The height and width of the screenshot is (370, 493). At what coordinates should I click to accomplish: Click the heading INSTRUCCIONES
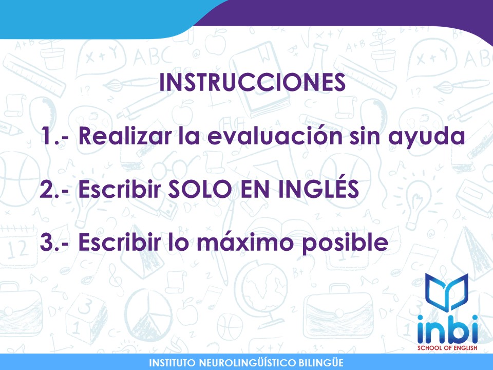pyautogui.click(x=252, y=83)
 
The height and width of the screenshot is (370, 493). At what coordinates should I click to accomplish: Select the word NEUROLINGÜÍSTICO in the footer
pyautogui.click(x=248, y=363)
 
